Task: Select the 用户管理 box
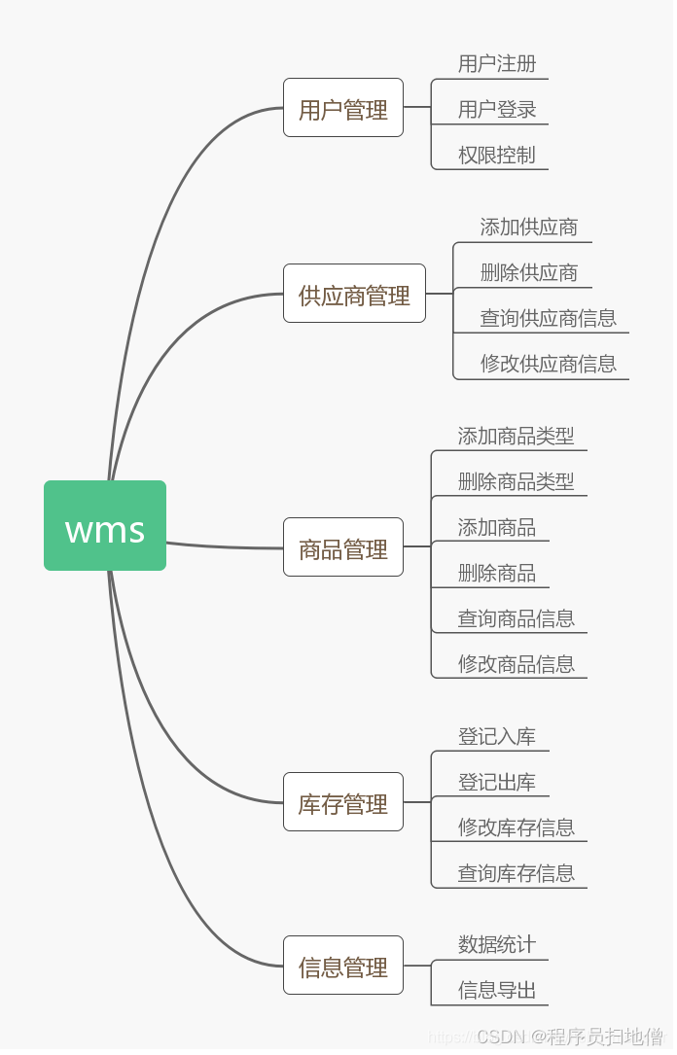pyautogui.click(x=343, y=108)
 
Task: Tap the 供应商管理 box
pyautogui.click(x=354, y=294)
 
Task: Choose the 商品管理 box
pyautogui.click(x=343, y=547)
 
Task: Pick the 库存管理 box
pyautogui.click(x=343, y=802)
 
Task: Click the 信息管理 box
pyautogui.click(x=343, y=966)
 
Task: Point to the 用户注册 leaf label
pyautogui.click(x=497, y=64)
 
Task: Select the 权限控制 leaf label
pyautogui.click(x=497, y=155)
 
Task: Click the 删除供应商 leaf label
pyautogui.click(x=529, y=272)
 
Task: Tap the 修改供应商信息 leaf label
pyautogui.click(x=549, y=364)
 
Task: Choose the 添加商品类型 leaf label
pyautogui.click(x=517, y=436)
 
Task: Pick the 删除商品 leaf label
pyautogui.click(x=497, y=573)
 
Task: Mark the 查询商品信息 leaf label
pyautogui.click(x=517, y=618)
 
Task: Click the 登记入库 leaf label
pyautogui.click(x=497, y=736)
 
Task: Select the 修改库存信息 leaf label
pyautogui.click(x=517, y=827)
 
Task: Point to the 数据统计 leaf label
pyautogui.click(x=497, y=944)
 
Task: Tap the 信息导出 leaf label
pyautogui.click(x=497, y=990)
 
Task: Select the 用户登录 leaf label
pyautogui.click(x=497, y=110)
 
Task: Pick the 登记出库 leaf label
pyautogui.click(x=497, y=782)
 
